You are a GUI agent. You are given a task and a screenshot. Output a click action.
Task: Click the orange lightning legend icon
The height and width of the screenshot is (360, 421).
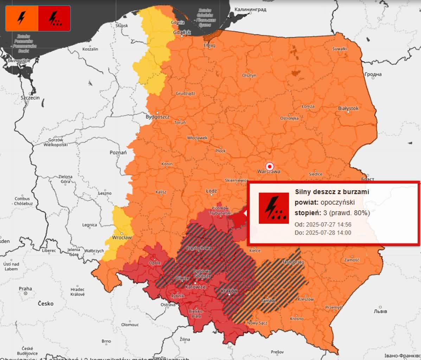click(x=21, y=18)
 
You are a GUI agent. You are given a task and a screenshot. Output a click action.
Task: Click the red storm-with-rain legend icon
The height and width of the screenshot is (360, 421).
click(x=54, y=18)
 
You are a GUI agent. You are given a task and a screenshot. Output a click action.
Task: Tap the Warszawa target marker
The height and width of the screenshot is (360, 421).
click(x=269, y=166)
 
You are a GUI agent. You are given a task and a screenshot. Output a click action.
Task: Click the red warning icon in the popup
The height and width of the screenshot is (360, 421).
click(x=274, y=208)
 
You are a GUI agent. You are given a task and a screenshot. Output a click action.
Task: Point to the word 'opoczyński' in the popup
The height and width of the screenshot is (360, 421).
click(x=338, y=202)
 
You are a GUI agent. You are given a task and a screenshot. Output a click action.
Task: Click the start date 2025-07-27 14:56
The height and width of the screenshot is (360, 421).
click(x=328, y=225)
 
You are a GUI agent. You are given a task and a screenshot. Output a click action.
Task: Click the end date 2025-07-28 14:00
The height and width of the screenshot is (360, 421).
click(x=328, y=233)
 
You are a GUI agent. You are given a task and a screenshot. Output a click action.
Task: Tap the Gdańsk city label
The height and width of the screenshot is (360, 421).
click(x=182, y=32)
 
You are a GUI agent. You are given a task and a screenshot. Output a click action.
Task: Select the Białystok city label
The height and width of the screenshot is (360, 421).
click(x=348, y=108)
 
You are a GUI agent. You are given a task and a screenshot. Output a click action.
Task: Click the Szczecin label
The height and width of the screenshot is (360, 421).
click(x=30, y=98)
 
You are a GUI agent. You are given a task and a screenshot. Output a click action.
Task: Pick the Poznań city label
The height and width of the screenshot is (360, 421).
click(x=118, y=152)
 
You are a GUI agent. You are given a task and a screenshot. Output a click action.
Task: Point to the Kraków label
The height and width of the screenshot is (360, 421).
click(x=229, y=291)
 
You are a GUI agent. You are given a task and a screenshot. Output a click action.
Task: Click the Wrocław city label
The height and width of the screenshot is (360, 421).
click(x=122, y=237)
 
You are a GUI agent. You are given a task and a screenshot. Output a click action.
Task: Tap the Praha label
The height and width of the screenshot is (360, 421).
click(x=25, y=289)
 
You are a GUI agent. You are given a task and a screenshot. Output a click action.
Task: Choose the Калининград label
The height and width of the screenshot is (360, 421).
click(x=250, y=9)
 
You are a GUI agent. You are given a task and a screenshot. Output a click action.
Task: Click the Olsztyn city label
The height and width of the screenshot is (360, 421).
click(x=249, y=75)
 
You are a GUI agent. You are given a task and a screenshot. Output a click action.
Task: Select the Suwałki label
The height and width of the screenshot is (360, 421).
click(x=340, y=49)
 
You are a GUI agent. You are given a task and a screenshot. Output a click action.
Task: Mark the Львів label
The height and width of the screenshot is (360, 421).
click(x=381, y=311)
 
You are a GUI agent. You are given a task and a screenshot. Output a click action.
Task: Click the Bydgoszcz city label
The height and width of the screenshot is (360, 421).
click(x=158, y=117)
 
